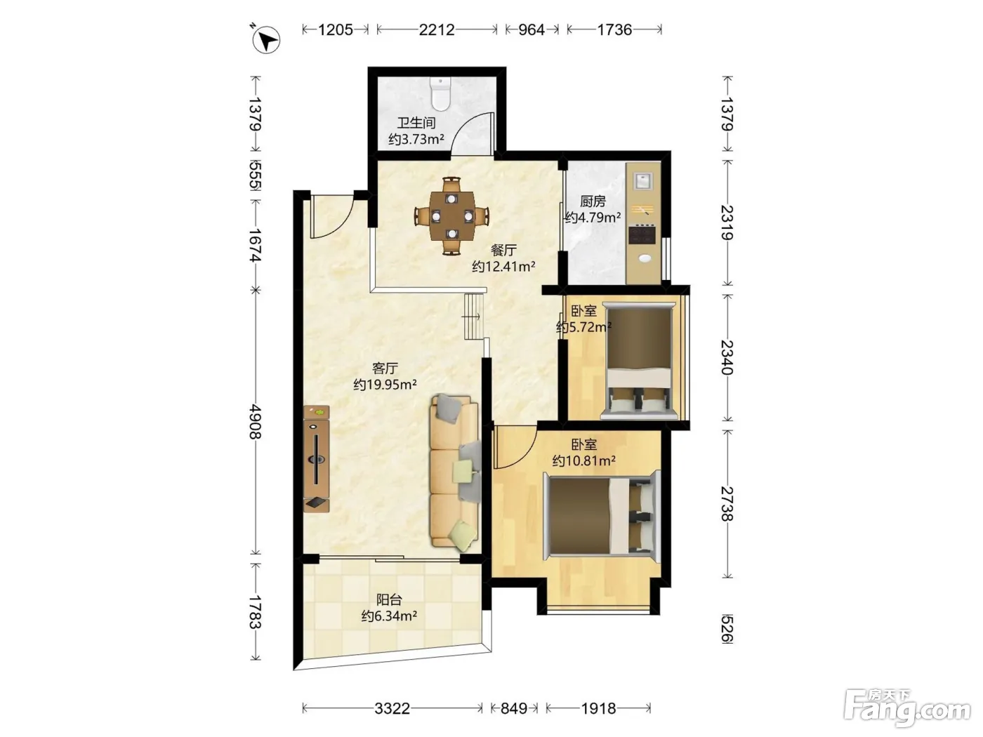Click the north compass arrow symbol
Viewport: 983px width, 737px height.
[266, 39]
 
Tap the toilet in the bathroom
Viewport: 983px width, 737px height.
[440, 94]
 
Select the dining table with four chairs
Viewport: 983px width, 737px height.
[451, 216]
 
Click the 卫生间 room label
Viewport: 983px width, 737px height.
[416, 123]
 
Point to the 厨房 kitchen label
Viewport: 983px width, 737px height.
[593, 201]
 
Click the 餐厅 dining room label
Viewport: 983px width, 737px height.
[503, 250]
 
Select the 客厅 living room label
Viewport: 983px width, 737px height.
[385, 368]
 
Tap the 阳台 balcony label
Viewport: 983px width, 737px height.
[389, 599]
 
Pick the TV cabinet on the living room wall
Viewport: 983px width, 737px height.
[316, 458]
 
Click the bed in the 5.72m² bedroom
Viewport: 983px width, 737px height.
[638, 361]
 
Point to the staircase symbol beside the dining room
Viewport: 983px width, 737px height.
[474, 317]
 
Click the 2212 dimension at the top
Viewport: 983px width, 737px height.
[437, 30]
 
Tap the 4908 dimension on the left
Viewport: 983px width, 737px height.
[256, 422]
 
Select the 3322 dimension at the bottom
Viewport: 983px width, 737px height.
[392, 708]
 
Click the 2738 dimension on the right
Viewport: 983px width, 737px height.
[727, 504]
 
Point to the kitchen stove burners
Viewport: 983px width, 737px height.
[642, 235]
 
